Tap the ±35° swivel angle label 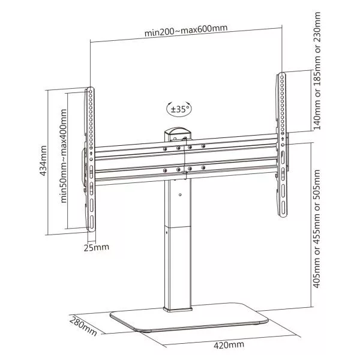pos(180,110)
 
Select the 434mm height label pos(41,159)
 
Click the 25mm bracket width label pos(97,247)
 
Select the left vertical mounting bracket pos(91,159)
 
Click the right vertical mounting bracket pos(281,144)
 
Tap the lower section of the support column pos(177,270)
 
